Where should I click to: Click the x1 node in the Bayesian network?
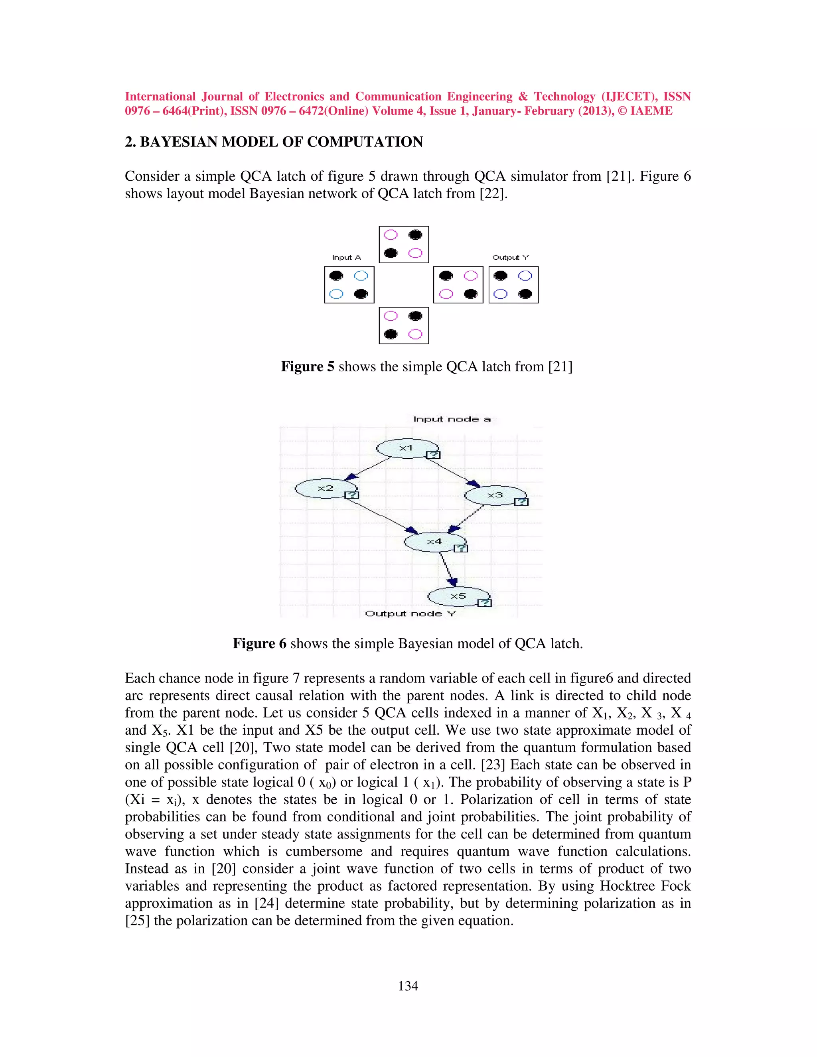(x=407, y=448)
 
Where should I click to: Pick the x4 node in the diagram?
(x=434, y=542)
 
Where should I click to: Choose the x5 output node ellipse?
(x=458, y=596)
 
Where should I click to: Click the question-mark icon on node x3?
(x=521, y=502)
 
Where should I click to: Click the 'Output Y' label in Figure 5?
(x=510, y=258)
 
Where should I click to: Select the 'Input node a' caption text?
(x=452, y=419)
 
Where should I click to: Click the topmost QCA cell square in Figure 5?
(x=404, y=245)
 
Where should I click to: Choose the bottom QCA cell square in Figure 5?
(x=404, y=325)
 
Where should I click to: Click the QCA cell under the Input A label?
(x=349, y=284)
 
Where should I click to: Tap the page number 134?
(x=408, y=986)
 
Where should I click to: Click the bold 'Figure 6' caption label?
(x=259, y=644)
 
